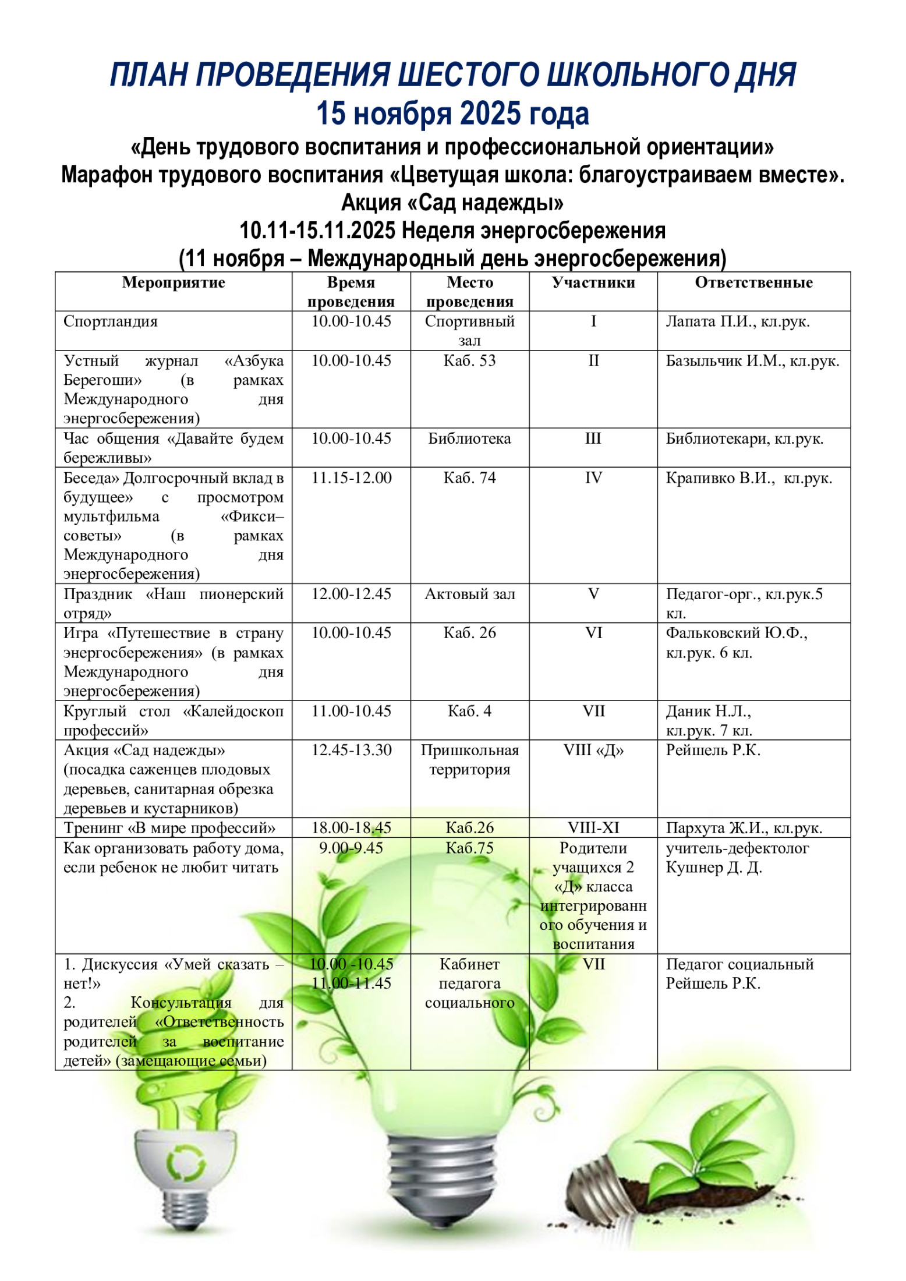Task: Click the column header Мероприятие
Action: (174, 283)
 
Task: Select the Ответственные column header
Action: (753, 283)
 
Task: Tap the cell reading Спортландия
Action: (111, 321)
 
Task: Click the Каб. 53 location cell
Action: (469, 361)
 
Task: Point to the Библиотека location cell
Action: (469, 439)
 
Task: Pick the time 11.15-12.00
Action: (351, 478)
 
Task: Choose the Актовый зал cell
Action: (469, 594)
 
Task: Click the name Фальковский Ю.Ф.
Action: (736, 633)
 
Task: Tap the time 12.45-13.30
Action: (351, 750)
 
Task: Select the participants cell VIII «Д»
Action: (593, 750)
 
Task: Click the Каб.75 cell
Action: (469, 848)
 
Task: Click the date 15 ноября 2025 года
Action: (452, 114)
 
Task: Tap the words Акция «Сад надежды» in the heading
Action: (452, 203)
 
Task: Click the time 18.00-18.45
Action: (351, 828)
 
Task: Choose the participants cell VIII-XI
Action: (593, 828)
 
